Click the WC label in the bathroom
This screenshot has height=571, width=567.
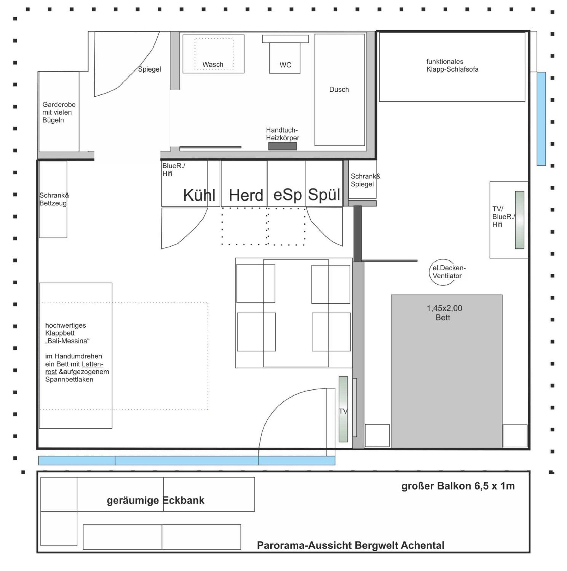click(x=285, y=65)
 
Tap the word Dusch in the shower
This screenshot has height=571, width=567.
click(x=339, y=89)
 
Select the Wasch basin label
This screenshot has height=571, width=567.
click(x=213, y=65)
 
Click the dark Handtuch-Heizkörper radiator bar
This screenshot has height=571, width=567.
click(x=282, y=146)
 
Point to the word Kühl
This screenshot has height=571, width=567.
click(x=199, y=195)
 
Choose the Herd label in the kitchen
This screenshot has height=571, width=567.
click(x=246, y=195)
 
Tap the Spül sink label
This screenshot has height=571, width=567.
click(x=324, y=195)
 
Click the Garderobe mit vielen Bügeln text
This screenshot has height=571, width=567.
click(x=59, y=112)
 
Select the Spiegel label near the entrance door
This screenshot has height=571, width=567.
click(x=150, y=69)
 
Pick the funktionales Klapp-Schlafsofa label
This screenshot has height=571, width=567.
click(x=452, y=66)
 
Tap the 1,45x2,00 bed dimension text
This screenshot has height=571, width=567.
click(x=444, y=308)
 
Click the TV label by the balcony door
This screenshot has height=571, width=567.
click(x=343, y=411)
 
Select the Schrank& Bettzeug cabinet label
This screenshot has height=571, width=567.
click(x=54, y=199)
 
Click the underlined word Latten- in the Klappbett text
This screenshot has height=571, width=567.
click(x=92, y=364)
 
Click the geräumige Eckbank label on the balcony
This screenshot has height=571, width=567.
click(x=156, y=500)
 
